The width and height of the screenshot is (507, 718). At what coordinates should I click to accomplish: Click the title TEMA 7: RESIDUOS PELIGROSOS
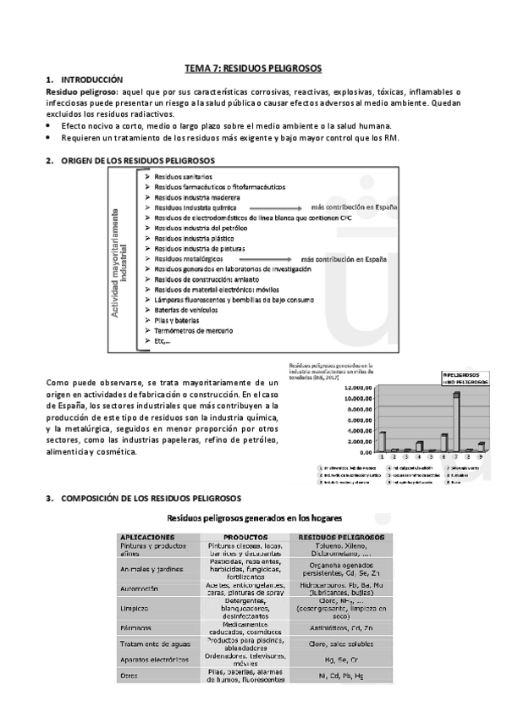(x=254, y=67)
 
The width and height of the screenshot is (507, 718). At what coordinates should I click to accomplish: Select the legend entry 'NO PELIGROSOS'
(x=465, y=382)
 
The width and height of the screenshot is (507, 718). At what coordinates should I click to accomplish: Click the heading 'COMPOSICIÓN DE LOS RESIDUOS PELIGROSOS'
(x=152, y=498)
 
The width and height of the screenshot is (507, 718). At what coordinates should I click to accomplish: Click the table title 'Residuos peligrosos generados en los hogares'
(x=253, y=516)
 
